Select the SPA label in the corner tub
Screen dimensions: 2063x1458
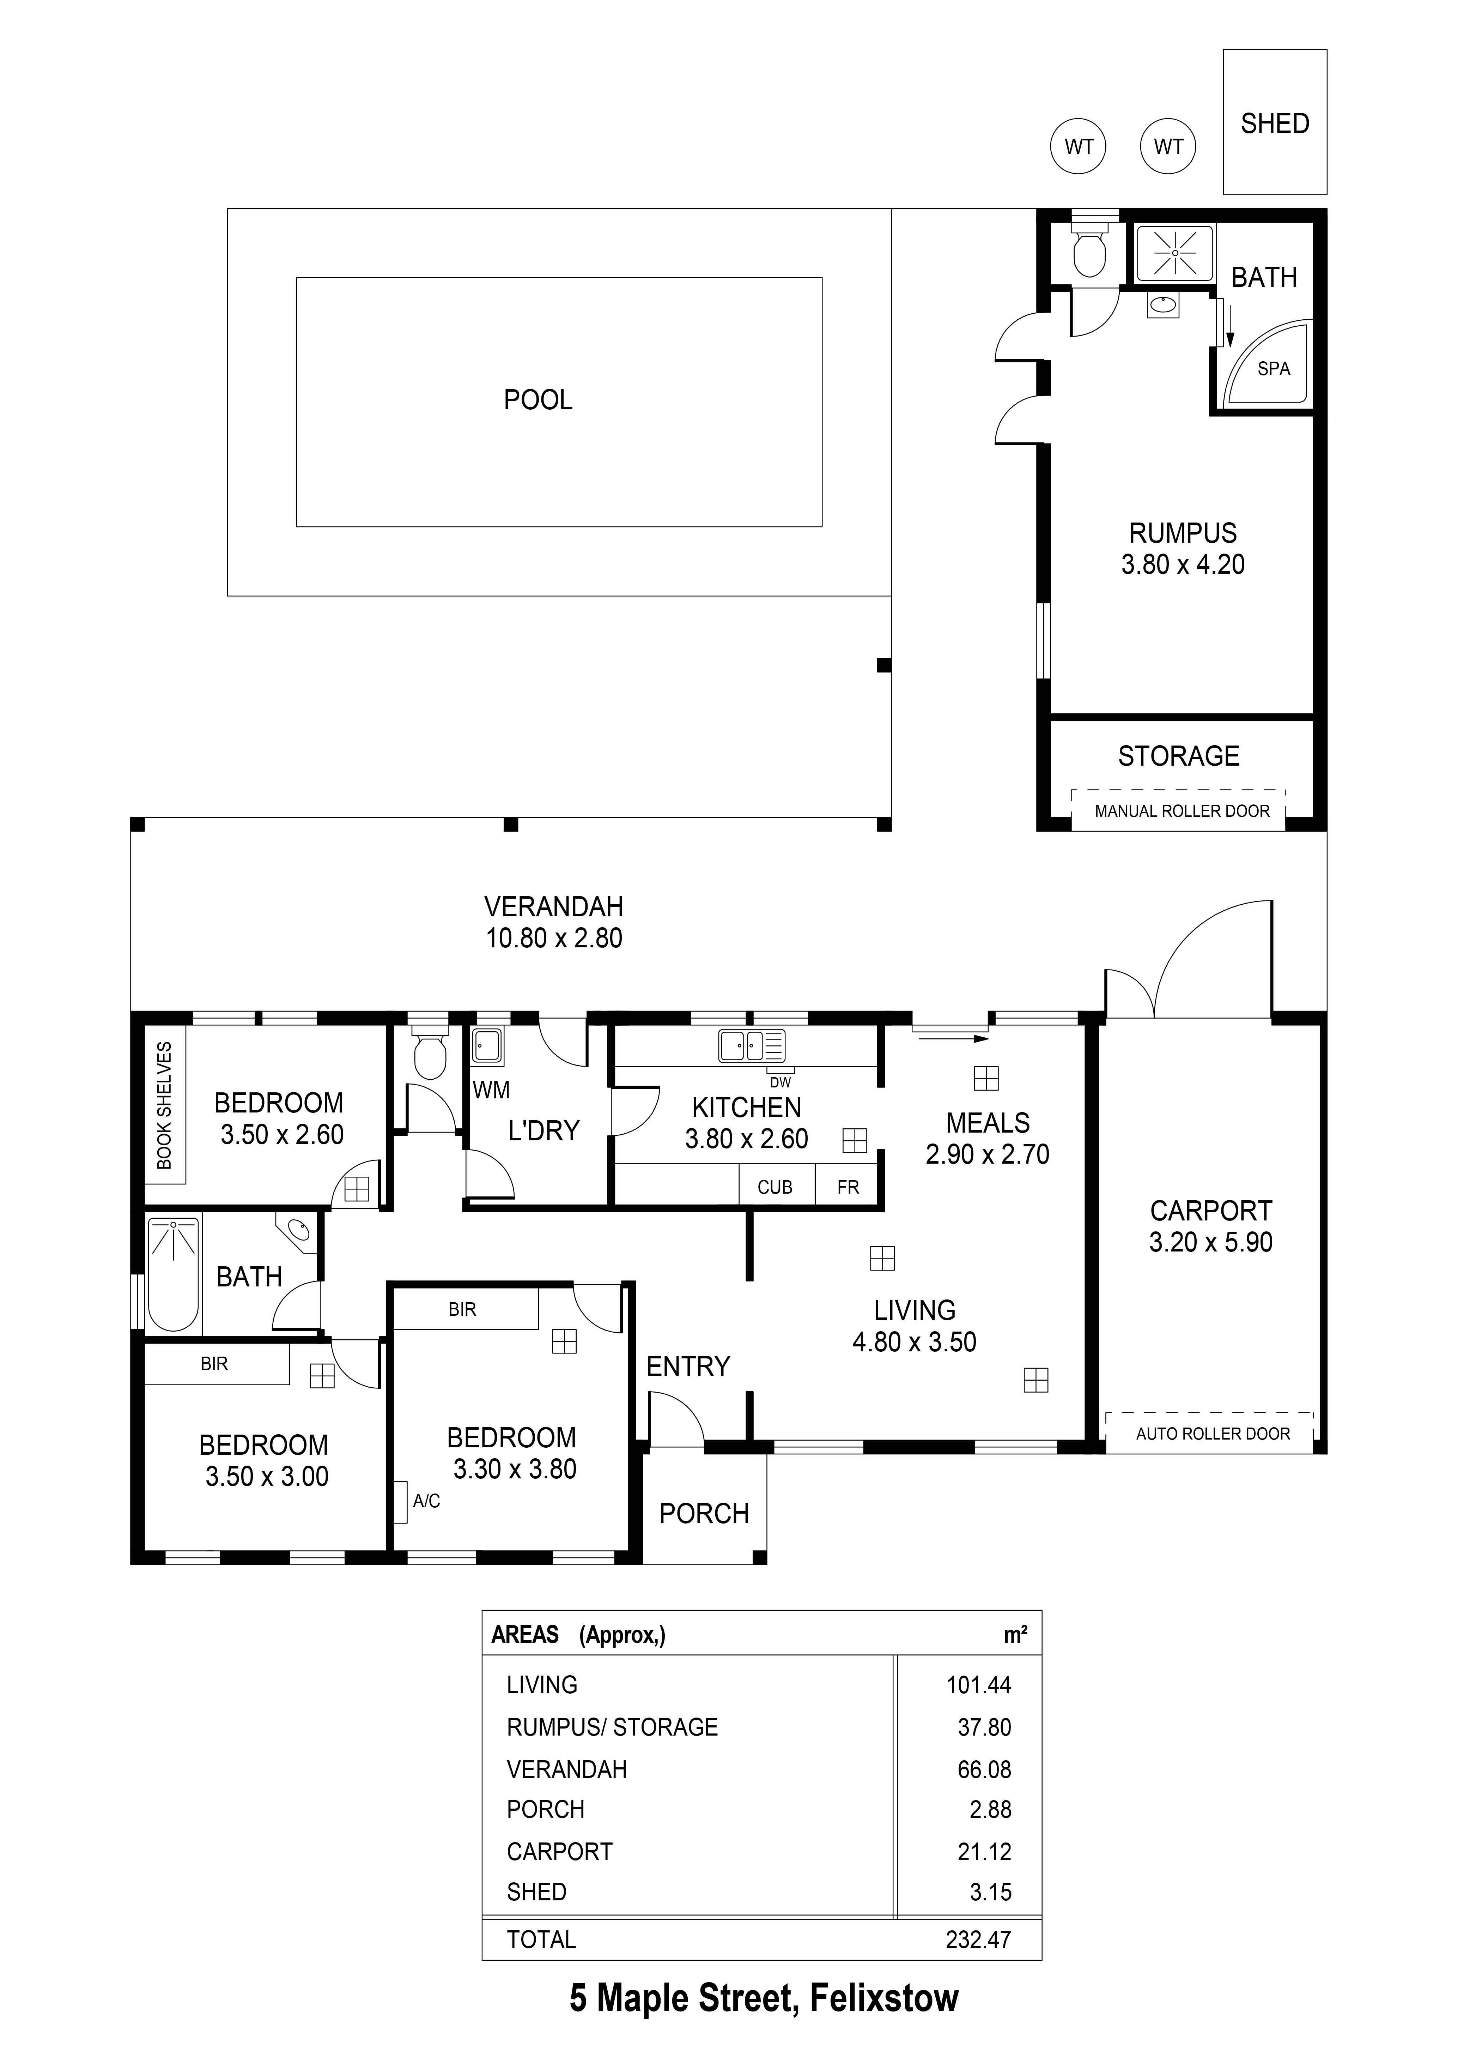(1273, 368)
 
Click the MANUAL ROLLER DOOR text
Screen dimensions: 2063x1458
(1181, 812)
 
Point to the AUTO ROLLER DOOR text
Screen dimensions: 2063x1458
(1212, 1434)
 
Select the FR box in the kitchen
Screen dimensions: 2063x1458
(848, 1187)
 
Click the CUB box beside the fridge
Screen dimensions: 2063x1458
(774, 1187)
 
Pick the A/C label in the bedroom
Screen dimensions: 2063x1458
(426, 1501)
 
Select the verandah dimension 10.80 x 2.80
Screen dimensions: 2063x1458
(553, 938)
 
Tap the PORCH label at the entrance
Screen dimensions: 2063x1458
(703, 1514)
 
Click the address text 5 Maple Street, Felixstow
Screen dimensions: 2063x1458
(764, 1999)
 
